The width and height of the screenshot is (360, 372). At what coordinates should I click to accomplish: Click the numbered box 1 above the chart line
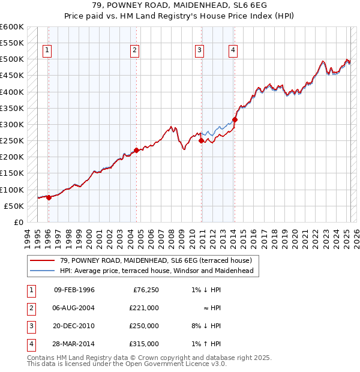pos(47,50)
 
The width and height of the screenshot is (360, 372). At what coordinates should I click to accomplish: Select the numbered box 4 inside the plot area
pos(232,50)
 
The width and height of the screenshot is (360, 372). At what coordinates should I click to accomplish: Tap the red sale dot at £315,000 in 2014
pos(235,119)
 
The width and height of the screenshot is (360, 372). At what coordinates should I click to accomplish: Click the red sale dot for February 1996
pos(49,197)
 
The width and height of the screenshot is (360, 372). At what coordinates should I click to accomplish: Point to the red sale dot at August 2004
pos(136,150)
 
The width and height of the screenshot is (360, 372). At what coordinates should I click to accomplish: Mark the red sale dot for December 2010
pos(202,140)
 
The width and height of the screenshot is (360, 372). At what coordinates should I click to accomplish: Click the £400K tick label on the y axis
pos(12,92)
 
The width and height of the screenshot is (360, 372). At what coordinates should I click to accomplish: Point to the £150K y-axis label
pos(12,173)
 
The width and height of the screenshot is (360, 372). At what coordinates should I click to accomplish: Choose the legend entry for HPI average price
pos(156,271)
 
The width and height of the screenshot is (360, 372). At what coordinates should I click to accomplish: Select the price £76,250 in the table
pos(145,290)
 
